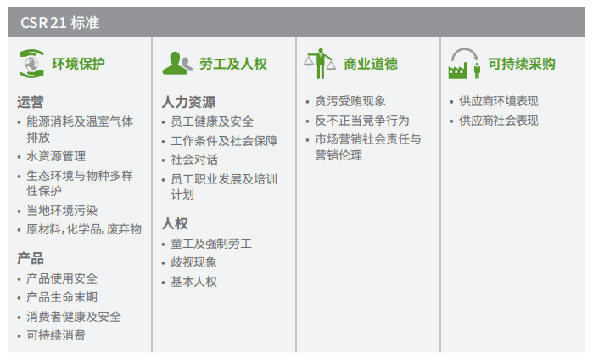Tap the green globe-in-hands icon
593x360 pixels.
[x=31, y=64]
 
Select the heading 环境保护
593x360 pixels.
[x=79, y=64]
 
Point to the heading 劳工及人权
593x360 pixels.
[x=233, y=64]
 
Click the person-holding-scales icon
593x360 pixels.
[x=319, y=63]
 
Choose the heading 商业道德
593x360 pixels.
[x=371, y=64]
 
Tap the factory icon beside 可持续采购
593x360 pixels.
[x=463, y=62]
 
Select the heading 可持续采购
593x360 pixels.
[x=522, y=64]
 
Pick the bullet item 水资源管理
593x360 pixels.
[x=56, y=156]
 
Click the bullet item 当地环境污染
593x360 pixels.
[x=62, y=211]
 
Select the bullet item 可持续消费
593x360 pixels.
[x=56, y=335]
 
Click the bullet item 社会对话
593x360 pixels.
[x=194, y=159]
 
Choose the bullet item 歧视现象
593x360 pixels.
[x=194, y=262]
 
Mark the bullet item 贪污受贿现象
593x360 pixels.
[x=349, y=101]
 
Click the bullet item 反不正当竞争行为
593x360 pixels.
[x=361, y=120]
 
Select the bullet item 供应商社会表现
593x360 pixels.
[x=499, y=120]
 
